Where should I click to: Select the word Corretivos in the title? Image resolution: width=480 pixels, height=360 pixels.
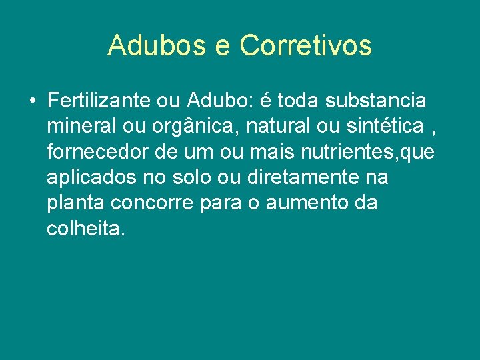tap(305, 46)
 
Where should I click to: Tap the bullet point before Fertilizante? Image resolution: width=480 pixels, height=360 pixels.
tap(32, 101)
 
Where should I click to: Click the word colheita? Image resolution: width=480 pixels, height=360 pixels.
tap(85, 229)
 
